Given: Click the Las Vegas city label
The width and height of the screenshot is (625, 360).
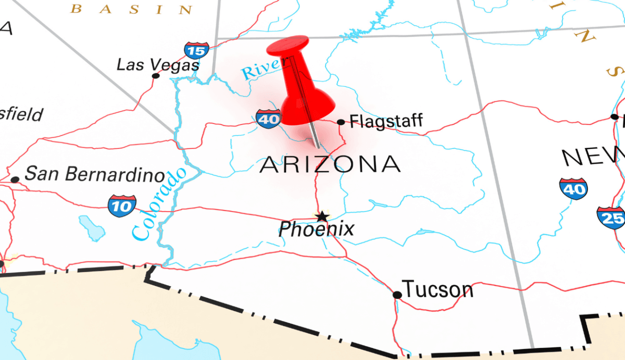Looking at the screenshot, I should point(157,65).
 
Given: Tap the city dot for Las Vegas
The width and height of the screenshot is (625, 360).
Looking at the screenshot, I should point(155,76).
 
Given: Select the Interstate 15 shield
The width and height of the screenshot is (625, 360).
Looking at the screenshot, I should point(196,50).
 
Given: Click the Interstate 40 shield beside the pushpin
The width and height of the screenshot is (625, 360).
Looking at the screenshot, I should point(269,118).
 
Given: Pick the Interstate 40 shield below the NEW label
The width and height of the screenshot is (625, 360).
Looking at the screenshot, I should point(574,188).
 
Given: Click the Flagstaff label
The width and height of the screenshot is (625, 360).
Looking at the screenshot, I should point(386,122).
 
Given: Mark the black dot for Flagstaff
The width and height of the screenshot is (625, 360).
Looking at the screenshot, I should point(341,122).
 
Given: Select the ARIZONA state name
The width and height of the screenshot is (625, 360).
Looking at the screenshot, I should point(330,164).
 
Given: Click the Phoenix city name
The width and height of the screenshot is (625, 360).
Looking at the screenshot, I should point(316,229).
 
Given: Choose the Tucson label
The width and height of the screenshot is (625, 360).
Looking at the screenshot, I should point(438,289).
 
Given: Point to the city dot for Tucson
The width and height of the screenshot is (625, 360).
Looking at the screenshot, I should point(397,295).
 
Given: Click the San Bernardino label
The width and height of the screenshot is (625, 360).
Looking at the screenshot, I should point(94,174).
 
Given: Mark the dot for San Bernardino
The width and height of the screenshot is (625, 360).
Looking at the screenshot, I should point(15,179).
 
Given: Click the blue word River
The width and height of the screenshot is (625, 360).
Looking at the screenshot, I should point(260,69).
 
